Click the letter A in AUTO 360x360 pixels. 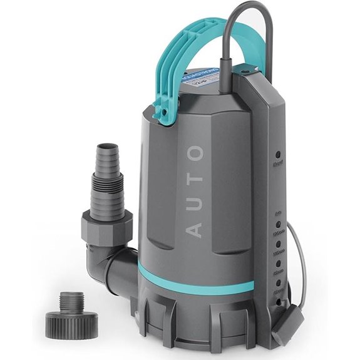[x=195, y=228]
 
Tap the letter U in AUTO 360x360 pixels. [x=195, y=202]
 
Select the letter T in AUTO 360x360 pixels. [x=195, y=177]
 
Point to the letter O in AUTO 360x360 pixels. [x=195, y=153]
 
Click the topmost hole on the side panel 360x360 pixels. [x=277, y=152]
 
